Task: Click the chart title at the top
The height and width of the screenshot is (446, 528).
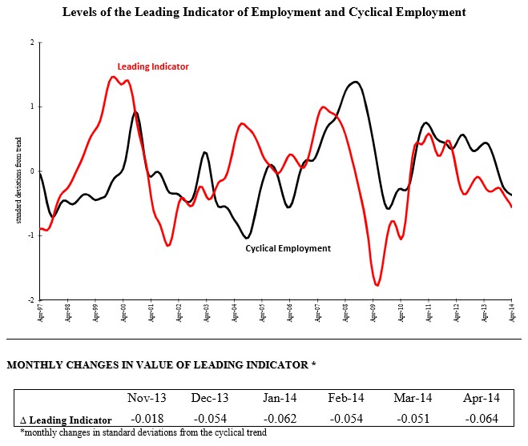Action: [x=264, y=13]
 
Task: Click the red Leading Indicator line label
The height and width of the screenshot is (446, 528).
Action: [x=153, y=66]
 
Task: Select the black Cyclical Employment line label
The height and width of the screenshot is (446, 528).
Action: [x=288, y=248]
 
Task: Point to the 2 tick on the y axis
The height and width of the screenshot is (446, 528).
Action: [x=32, y=42]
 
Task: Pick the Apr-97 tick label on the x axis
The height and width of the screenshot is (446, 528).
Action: [x=39, y=311]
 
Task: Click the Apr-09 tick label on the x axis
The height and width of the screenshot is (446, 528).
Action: [x=373, y=311]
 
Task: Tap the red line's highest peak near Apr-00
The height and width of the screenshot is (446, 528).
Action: [x=113, y=77]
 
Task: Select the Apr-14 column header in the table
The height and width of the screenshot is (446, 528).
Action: [x=481, y=398]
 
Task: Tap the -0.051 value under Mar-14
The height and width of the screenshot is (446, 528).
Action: [x=413, y=419]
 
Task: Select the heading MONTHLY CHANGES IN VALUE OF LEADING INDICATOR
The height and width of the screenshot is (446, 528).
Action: [x=161, y=365]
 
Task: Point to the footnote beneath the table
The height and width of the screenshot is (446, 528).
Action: [x=143, y=432]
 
